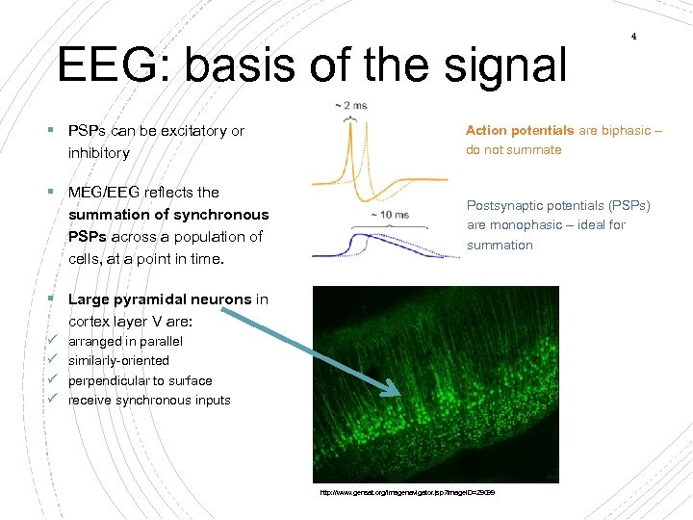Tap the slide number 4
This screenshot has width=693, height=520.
633,37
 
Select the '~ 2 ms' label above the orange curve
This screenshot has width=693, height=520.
352,105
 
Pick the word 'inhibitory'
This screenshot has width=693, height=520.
98,152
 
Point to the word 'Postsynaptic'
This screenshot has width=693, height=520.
504,205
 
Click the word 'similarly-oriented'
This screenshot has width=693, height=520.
118,360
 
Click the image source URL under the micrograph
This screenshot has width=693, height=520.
408,493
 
